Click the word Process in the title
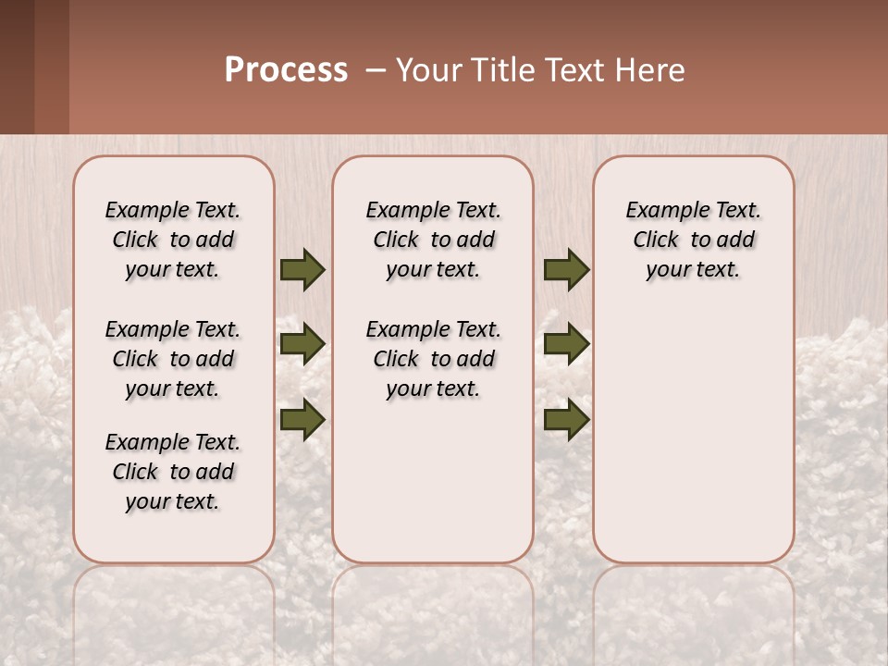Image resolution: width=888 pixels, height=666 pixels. pyautogui.click(x=286, y=70)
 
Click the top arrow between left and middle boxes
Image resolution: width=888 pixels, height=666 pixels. pyautogui.click(x=302, y=270)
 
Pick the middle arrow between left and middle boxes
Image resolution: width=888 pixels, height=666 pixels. pyautogui.click(x=302, y=344)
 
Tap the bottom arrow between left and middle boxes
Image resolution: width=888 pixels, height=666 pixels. pyautogui.click(x=302, y=420)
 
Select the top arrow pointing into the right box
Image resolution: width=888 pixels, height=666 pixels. pyautogui.click(x=566, y=270)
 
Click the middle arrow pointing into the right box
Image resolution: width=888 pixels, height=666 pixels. pyautogui.click(x=566, y=344)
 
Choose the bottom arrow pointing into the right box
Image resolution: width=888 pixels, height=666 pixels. pyautogui.click(x=566, y=420)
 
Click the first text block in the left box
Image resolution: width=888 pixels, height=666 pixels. pyautogui.click(x=173, y=240)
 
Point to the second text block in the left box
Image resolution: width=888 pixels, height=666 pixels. pyautogui.click(x=173, y=359)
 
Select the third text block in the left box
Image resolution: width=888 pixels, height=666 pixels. pyautogui.click(x=173, y=472)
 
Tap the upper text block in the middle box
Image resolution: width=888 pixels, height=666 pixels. pyautogui.click(x=433, y=240)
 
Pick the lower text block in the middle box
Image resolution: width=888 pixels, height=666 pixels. pyautogui.click(x=433, y=359)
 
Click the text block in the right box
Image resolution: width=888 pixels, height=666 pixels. pyautogui.click(x=693, y=240)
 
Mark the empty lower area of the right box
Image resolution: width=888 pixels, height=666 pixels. pyautogui.click(x=693, y=435)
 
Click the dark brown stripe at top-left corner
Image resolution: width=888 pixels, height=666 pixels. pyautogui.click(x=17, y=65)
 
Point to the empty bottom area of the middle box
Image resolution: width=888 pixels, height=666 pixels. pyautogui.click(x=433, y=490)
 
